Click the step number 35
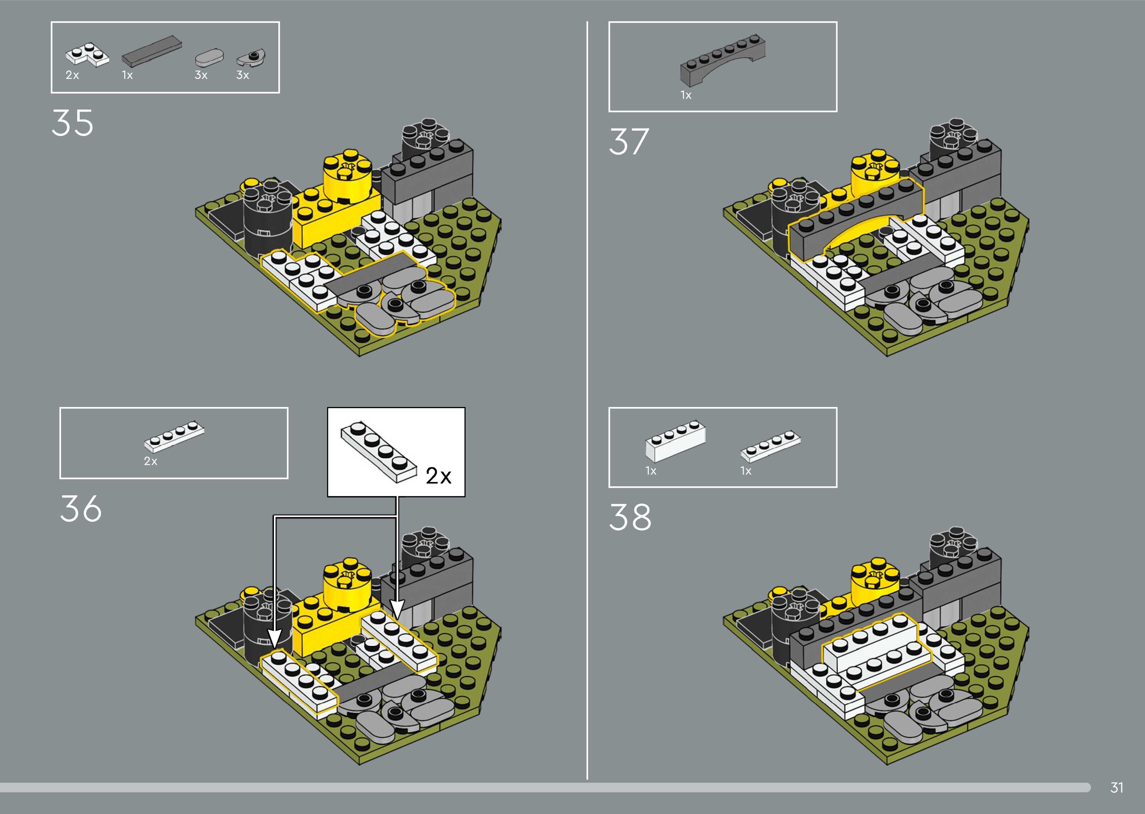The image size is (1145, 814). (72, 123)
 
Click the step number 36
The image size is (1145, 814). (81, 509)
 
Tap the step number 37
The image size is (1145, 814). (629, 142)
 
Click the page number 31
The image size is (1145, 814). (1116, 787)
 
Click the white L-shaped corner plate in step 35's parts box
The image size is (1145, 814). (87, 55)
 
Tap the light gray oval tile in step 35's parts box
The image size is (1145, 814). (209, 58)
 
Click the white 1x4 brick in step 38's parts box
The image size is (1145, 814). (675, 441)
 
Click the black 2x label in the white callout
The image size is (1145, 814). (439, 475)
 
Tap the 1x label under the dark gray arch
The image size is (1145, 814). (686, 95)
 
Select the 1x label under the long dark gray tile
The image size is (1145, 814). (127, 75)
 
